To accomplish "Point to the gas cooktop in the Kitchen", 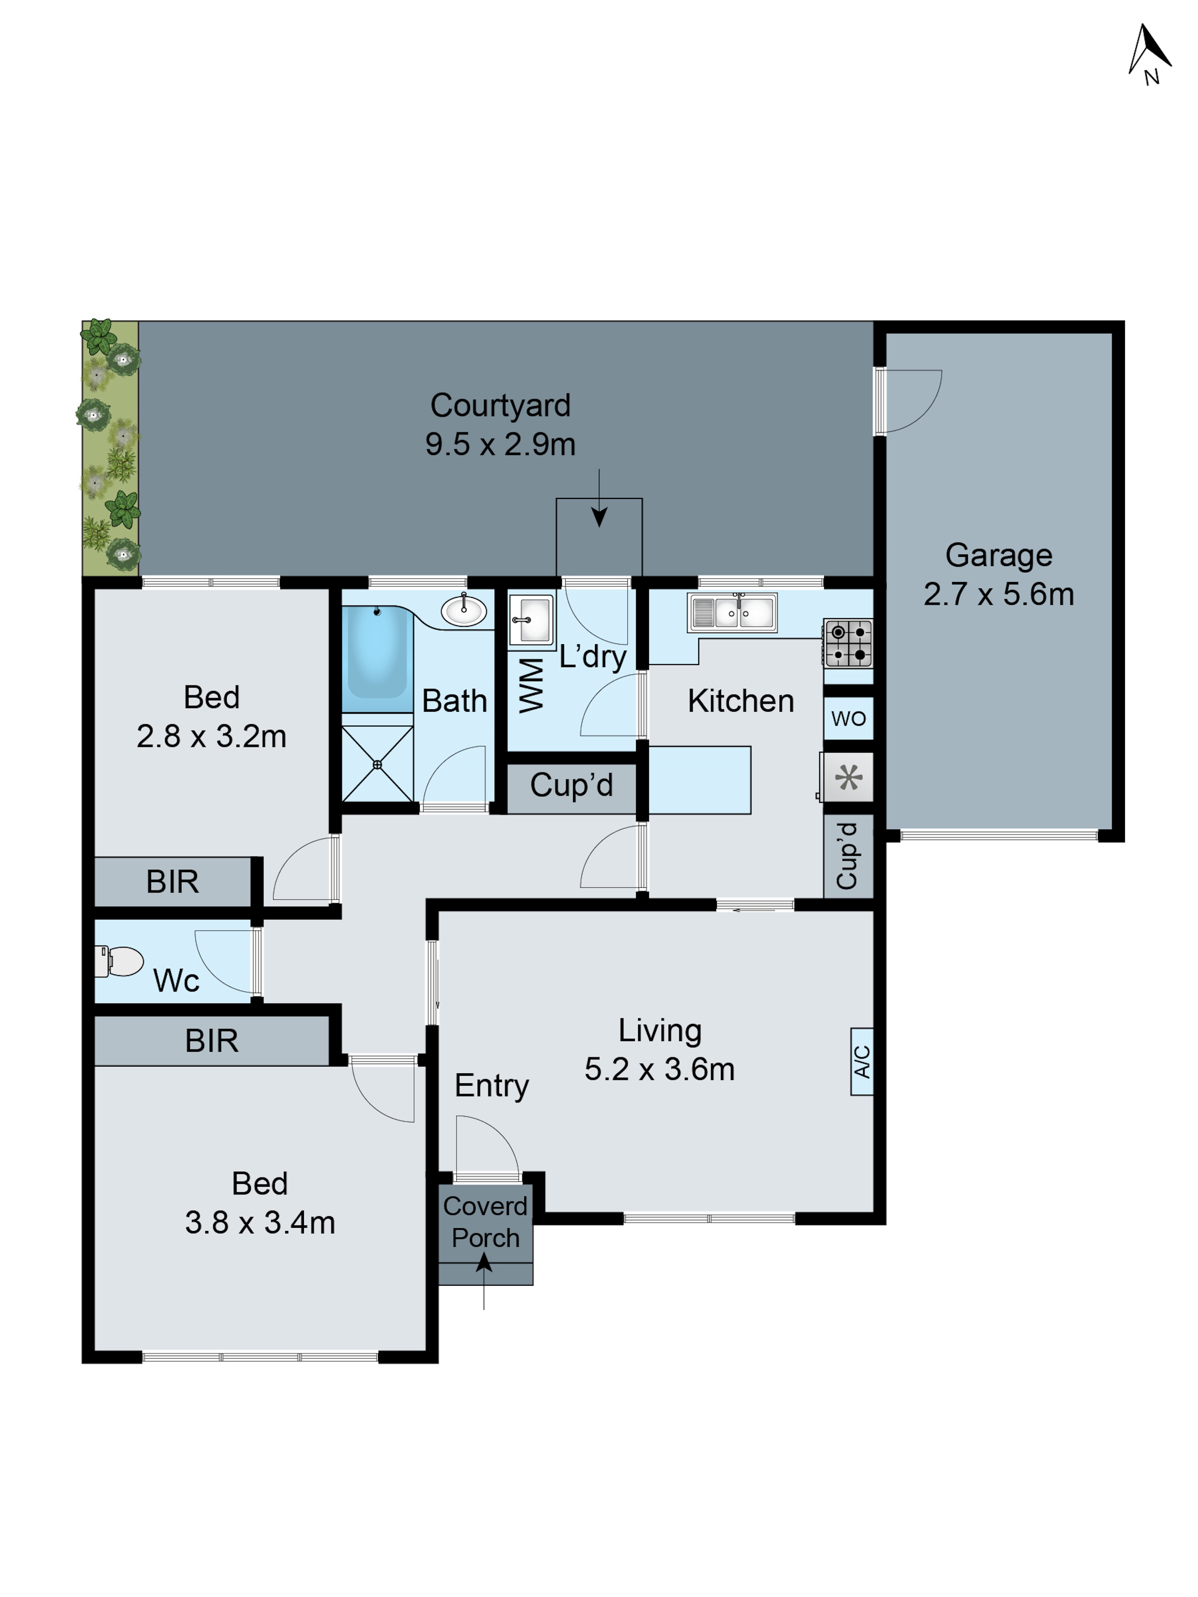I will [848, 643].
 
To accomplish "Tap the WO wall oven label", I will [848, 718].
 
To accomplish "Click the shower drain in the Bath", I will [377, 764].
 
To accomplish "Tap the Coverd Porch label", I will [485, 1221].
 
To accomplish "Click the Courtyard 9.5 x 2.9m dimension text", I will [500, 443].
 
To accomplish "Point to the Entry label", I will [491, 1085].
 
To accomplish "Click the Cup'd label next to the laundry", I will [571, 785].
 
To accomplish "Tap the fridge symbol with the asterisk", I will [848, 778].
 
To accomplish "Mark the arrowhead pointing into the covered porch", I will [484, 1263].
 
